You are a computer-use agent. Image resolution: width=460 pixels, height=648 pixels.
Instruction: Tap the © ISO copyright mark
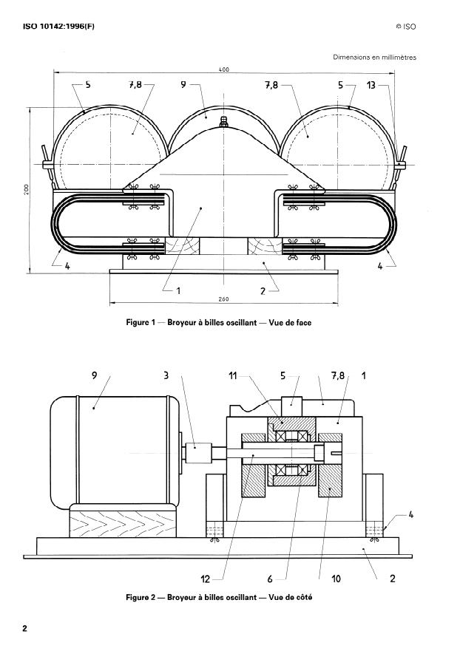[x=406, y=27]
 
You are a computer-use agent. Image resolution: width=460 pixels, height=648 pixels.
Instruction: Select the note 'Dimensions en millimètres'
[x=374, y=58]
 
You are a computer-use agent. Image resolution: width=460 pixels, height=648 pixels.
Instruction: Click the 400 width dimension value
[x=224, y=69]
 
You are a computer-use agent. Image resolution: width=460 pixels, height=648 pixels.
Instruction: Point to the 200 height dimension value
[x=26, y=189]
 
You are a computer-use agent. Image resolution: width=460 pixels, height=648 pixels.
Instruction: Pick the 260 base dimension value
[x=224, y=299]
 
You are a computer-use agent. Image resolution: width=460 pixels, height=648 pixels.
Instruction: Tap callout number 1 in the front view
[x=177, y=290]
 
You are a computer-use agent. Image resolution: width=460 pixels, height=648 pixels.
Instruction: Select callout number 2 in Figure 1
[x=263, y=290]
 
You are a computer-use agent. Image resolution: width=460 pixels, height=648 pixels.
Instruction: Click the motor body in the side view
[x=111, y=451]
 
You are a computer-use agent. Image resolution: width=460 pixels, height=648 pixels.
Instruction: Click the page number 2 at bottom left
[x=25, y=629]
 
